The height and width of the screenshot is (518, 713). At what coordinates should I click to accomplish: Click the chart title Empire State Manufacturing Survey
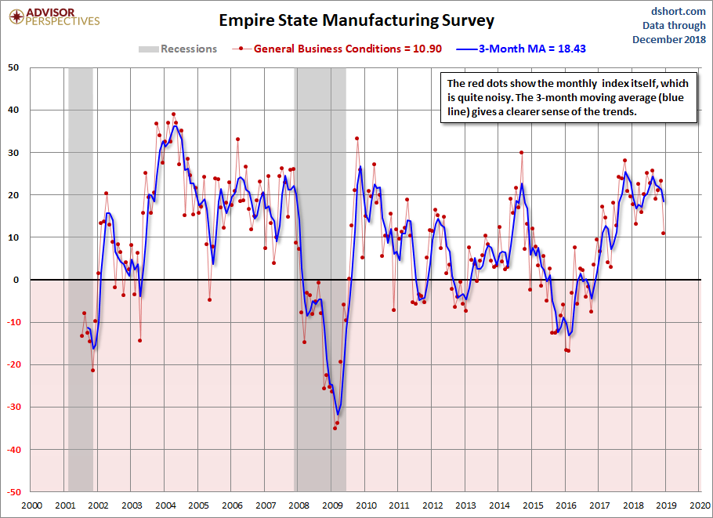point(356,19)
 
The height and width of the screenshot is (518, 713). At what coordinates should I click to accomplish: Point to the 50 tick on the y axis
point(14,67)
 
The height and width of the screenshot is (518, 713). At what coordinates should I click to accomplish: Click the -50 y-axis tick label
point(13,492)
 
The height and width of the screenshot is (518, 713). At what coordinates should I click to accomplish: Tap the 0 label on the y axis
point(17,280)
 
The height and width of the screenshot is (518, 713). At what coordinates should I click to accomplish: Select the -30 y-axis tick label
point(13,408)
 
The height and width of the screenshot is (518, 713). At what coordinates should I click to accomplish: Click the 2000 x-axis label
point(31,505)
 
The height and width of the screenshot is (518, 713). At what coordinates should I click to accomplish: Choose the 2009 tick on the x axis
point(332,505)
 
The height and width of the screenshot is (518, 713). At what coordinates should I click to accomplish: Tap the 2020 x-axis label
point(699,505)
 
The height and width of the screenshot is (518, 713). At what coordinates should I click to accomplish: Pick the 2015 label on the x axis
point(532,505)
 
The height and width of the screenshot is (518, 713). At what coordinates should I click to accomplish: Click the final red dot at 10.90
point(664,233)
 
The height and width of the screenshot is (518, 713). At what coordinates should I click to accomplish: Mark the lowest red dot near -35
point(335,428)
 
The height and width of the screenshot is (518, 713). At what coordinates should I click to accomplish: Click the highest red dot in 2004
point(173,114)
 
